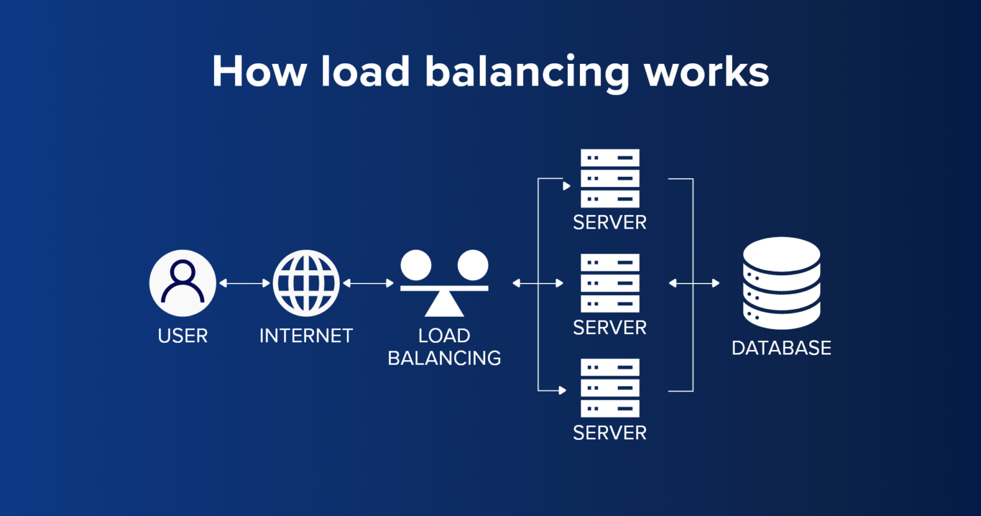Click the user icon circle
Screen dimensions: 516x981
183,283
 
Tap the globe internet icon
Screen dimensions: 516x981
306,283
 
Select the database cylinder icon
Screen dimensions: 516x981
781,283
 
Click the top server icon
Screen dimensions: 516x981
610,178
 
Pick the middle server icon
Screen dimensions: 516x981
610,283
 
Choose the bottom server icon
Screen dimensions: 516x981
610,388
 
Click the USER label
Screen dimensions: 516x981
183,336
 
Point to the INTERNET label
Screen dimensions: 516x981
306,336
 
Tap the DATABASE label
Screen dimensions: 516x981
781,348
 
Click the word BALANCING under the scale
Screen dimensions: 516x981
445,358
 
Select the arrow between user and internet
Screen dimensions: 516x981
245,283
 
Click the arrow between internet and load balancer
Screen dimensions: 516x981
368,283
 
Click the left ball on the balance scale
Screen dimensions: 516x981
416,264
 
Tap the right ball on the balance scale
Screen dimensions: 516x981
473,264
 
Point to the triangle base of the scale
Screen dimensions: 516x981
445,305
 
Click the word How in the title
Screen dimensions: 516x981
259,72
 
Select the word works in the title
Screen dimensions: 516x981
706,72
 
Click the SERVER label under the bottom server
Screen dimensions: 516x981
610,433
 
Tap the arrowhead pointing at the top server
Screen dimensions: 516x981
566,186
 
